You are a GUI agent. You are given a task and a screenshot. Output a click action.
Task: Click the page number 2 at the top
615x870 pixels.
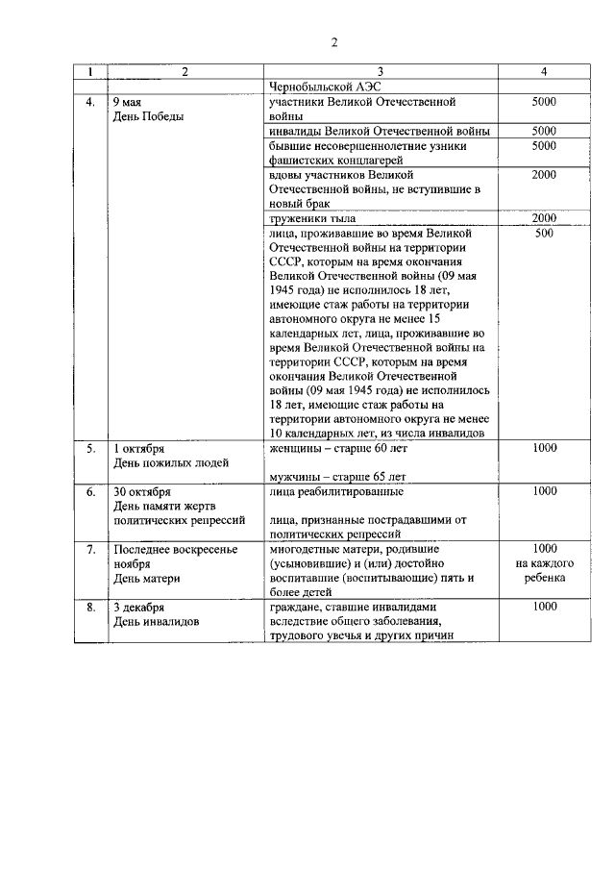(x=334, y=41)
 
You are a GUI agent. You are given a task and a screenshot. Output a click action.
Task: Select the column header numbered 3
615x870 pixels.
(x=380, y=72)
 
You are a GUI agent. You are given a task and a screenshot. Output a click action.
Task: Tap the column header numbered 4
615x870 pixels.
(x=544, y=72)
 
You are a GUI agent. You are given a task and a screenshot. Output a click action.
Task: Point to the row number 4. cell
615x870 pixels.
(x=90, y=102)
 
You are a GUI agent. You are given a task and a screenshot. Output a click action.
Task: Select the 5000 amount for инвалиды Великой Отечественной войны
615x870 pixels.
(x=544, y=131)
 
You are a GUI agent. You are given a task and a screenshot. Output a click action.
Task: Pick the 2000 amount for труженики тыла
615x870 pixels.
(x=544, y=218)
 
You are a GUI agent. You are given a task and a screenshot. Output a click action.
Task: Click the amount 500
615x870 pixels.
(x=544, y=233)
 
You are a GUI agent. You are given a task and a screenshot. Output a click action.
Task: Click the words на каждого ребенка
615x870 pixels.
(x=544, y=571)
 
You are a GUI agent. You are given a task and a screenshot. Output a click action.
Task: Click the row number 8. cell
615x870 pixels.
(x=90, y=608)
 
